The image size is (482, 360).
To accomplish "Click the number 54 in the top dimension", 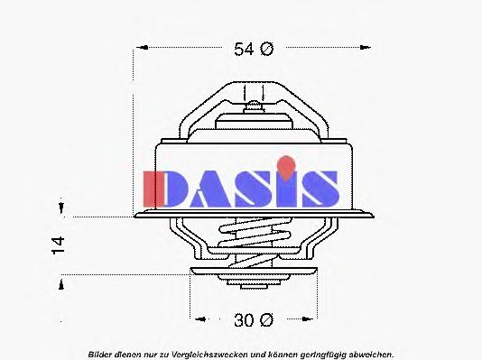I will (245, 50).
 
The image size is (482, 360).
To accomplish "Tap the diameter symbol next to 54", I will (266, 50).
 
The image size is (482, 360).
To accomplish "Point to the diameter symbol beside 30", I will (266, 319).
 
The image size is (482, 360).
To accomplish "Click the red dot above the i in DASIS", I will (285, 164).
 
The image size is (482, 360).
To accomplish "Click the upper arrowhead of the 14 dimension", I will (60, 211).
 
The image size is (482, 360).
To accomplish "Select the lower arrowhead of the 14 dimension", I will (60, 282).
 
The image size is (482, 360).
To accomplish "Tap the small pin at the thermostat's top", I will (255, 107).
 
